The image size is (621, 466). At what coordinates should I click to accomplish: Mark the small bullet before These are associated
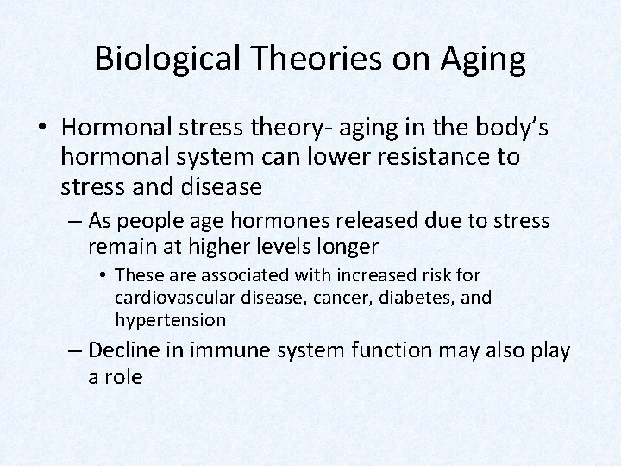103,275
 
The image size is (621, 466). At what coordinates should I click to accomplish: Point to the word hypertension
170,320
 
